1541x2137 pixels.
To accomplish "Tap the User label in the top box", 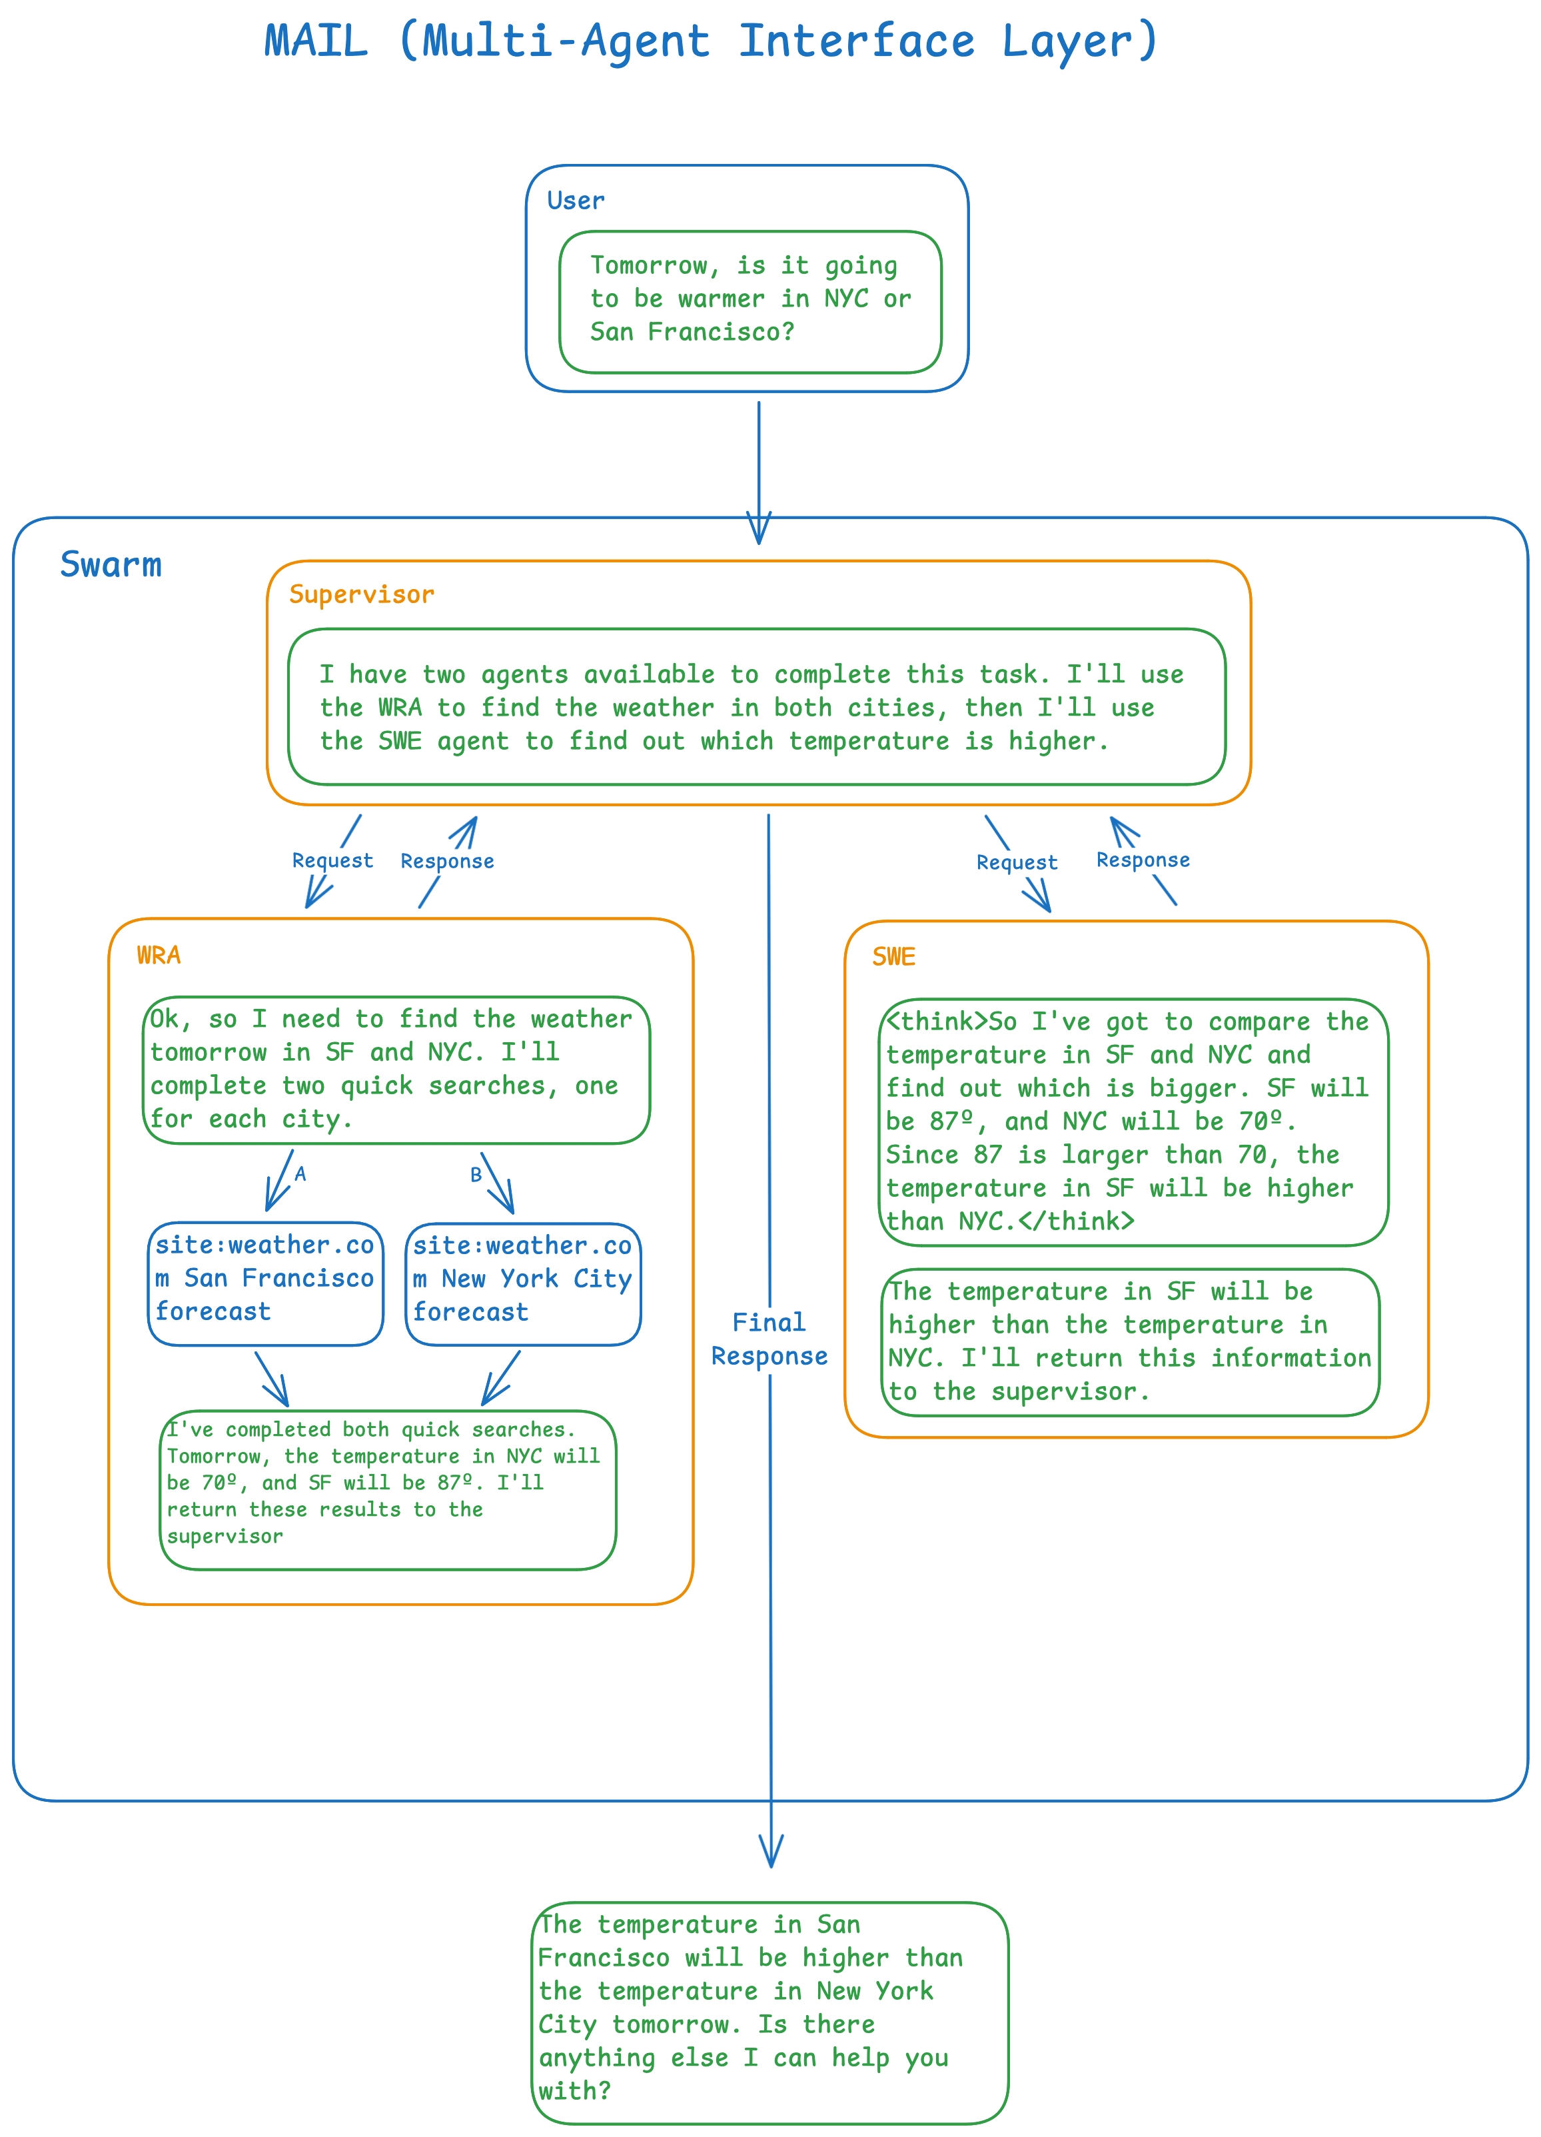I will click(576, 201).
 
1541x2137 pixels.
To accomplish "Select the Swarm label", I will click(111, 565).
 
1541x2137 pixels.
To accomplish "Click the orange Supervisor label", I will click(362, 594).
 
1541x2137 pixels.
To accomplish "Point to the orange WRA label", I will click(159, 956).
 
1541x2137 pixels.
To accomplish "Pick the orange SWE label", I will click(893, 958).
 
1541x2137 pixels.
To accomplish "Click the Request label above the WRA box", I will click(332, 860).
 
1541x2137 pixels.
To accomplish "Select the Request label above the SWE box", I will click(1017, 862).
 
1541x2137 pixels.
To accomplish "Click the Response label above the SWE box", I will click(1143, 860).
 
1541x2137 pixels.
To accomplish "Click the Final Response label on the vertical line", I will click(769, 1339).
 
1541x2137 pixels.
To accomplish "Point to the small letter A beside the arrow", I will click(300, 1174).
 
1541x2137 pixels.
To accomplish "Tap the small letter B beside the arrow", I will click(476, 1175).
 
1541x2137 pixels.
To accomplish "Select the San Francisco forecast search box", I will click(266, 1283).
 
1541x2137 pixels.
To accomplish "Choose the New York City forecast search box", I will click(523, 1283).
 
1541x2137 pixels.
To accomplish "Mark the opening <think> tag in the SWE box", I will click(936, 1022).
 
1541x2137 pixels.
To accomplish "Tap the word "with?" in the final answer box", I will click(574, 2091).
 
